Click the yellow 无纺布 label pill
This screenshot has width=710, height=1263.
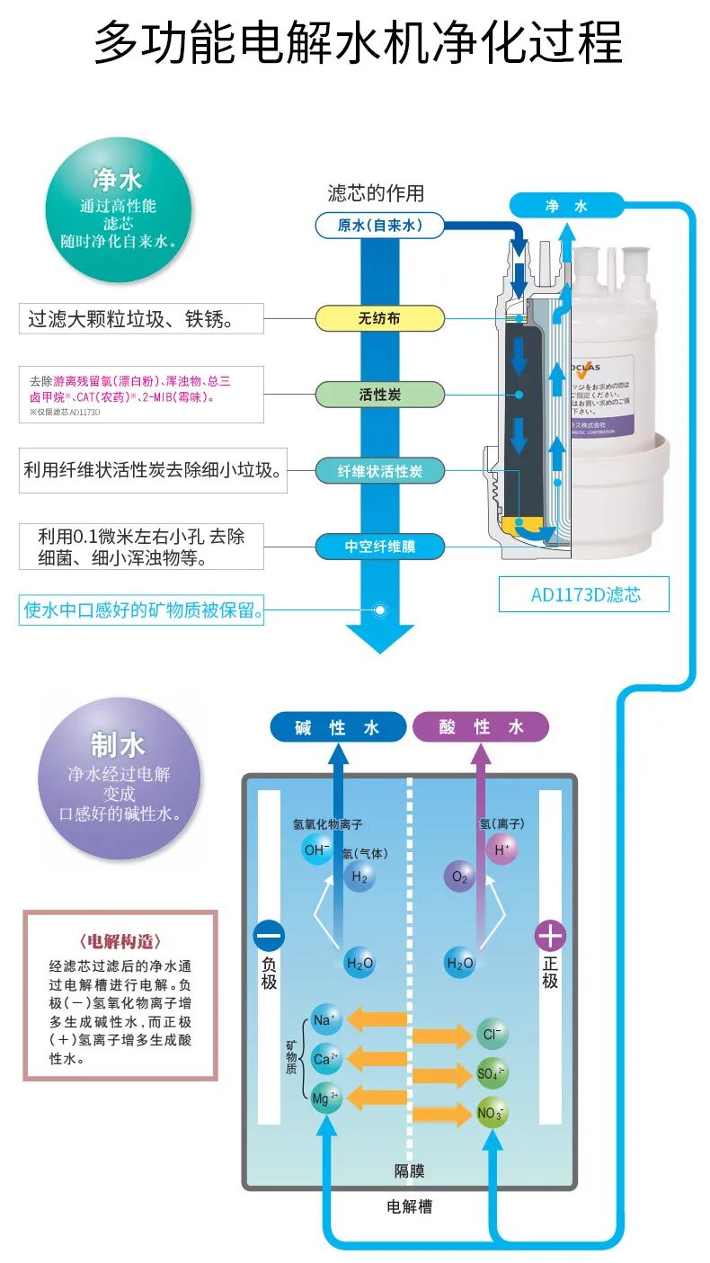[379, 317]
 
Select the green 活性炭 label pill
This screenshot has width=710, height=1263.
[379, 394]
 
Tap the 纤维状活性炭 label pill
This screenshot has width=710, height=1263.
[379, 470]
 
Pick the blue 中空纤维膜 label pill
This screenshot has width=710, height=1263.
[379, 546]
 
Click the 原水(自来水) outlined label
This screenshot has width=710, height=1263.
[380, 226]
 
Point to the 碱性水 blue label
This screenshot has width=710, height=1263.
[337, 727]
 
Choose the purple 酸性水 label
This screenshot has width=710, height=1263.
[481, 727]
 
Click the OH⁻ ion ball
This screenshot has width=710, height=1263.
[316, 849]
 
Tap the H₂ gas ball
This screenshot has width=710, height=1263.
[359, 877]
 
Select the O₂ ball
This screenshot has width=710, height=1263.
[460, 877]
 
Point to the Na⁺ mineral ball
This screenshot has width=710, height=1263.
[324, 1019]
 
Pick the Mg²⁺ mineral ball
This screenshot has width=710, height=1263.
[325, 1098]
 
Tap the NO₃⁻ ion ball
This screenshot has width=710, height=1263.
[492, 1114]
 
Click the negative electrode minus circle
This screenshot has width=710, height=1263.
[269, 936]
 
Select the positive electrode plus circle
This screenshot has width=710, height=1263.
[550, 936]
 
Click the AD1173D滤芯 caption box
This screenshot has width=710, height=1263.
[584, 594]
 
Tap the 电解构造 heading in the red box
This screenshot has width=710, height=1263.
[120, 942]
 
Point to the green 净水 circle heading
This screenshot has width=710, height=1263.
[118, 180]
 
